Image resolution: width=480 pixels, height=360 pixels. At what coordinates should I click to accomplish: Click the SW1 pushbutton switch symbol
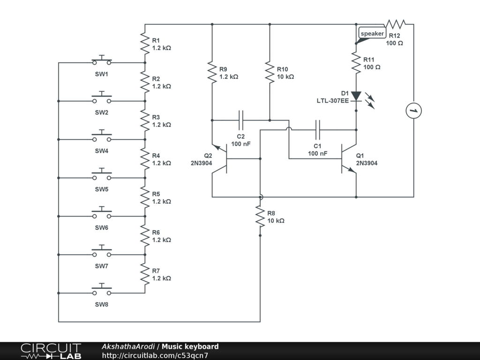102,61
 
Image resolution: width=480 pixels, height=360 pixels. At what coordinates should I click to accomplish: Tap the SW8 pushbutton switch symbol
102,292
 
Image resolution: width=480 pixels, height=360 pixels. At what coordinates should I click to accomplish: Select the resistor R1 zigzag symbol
145,44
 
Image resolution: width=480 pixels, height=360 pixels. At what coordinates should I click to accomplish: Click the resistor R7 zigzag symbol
145,274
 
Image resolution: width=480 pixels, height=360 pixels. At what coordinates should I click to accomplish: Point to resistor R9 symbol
212,72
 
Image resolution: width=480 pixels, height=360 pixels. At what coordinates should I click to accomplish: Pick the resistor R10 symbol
270,72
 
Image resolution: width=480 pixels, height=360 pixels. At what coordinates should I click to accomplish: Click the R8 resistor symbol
260,216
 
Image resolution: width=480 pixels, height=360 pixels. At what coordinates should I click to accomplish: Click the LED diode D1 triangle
356,97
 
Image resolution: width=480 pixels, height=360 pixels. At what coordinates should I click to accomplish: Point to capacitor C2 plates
241,120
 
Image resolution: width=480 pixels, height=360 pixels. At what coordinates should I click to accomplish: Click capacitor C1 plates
318,129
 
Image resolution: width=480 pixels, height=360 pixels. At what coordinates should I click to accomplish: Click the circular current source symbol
413,111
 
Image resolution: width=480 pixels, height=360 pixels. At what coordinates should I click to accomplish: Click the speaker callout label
372,34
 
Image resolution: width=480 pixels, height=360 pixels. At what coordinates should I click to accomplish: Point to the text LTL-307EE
333,101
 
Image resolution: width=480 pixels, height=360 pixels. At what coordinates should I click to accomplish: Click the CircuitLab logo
51,351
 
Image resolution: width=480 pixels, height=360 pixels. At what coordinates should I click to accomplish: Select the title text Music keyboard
190,347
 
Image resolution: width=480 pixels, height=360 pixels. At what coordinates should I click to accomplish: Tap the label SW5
102,189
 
